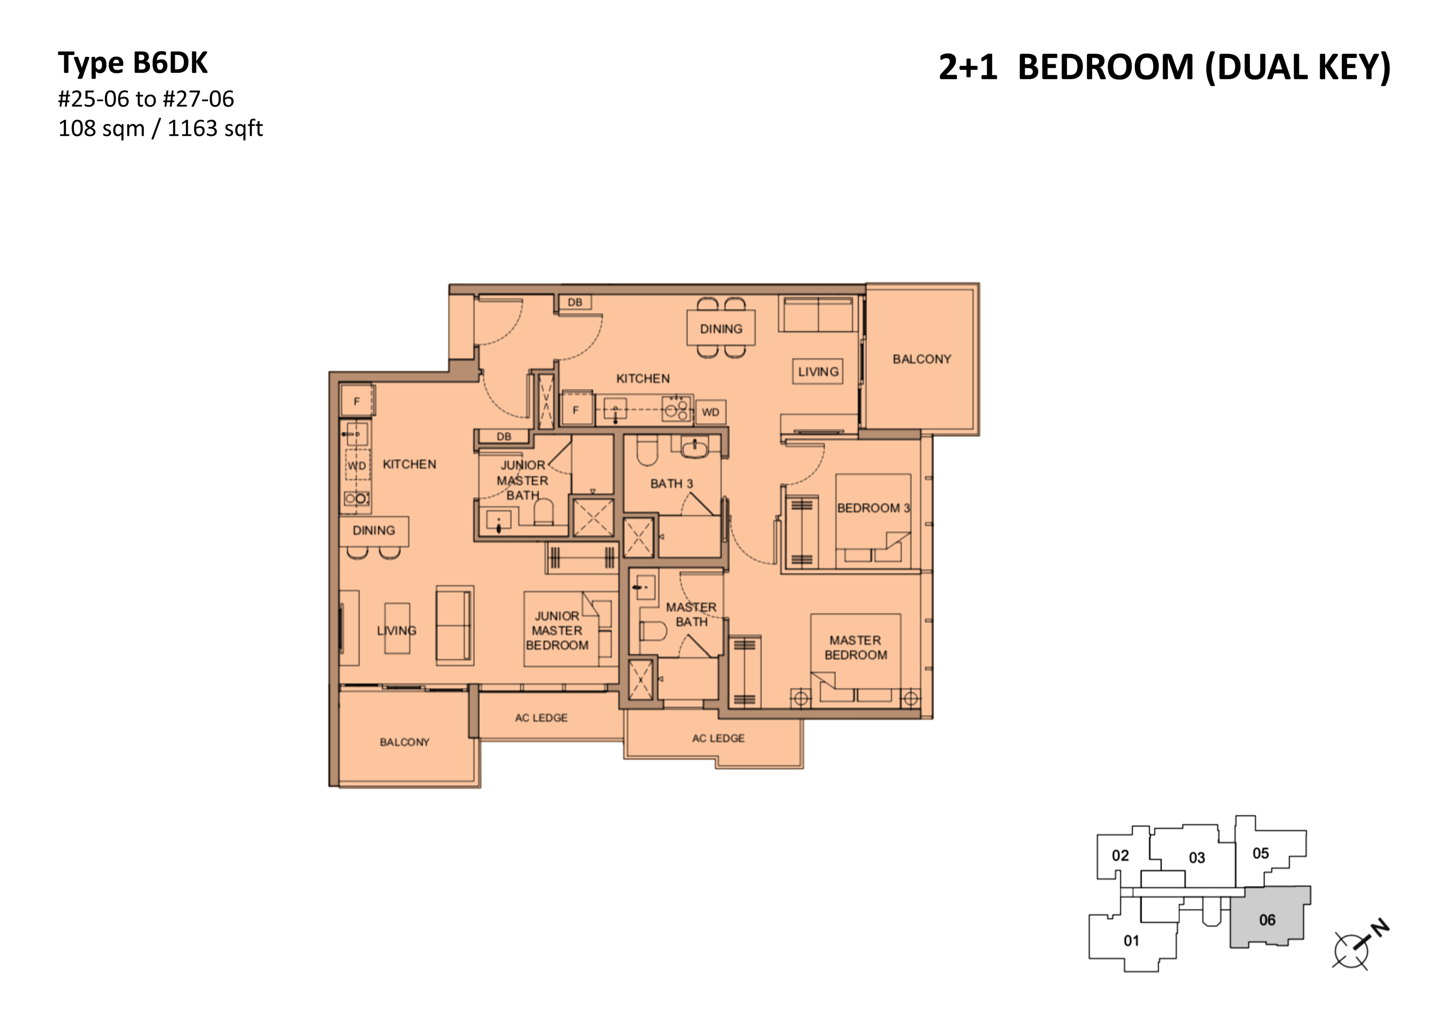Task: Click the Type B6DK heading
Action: (132, 63)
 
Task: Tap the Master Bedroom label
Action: (855, 647)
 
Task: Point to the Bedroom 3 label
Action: (873, 508)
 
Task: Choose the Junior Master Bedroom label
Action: (557, 631)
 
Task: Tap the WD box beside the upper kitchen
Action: (710, 412)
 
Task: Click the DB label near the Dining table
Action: (575, 302)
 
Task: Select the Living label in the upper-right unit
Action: (818, 372)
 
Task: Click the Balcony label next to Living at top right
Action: (921, 359)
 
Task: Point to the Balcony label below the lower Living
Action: (404, 742)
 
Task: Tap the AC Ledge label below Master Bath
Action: (718, 738)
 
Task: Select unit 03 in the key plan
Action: (1196, 858)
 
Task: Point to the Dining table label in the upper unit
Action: (721, 329)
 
